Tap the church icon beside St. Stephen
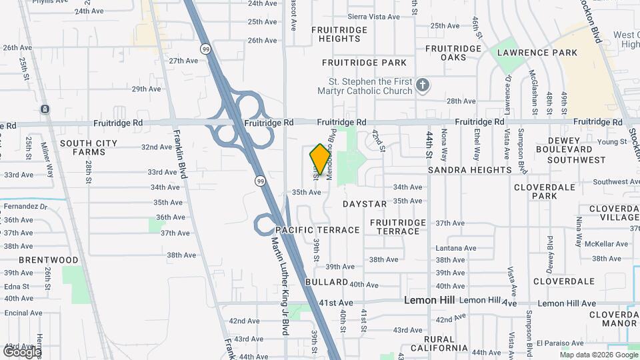point(422,85)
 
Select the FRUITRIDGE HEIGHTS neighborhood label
point(339,33)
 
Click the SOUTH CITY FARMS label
point(89,147)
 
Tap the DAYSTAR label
point(365,203)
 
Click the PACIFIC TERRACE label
point(317,230)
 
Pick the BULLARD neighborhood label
point(327,283)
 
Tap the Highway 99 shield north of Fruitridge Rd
point(205,48)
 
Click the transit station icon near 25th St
point(45,109)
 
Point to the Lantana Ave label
point(456,248)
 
